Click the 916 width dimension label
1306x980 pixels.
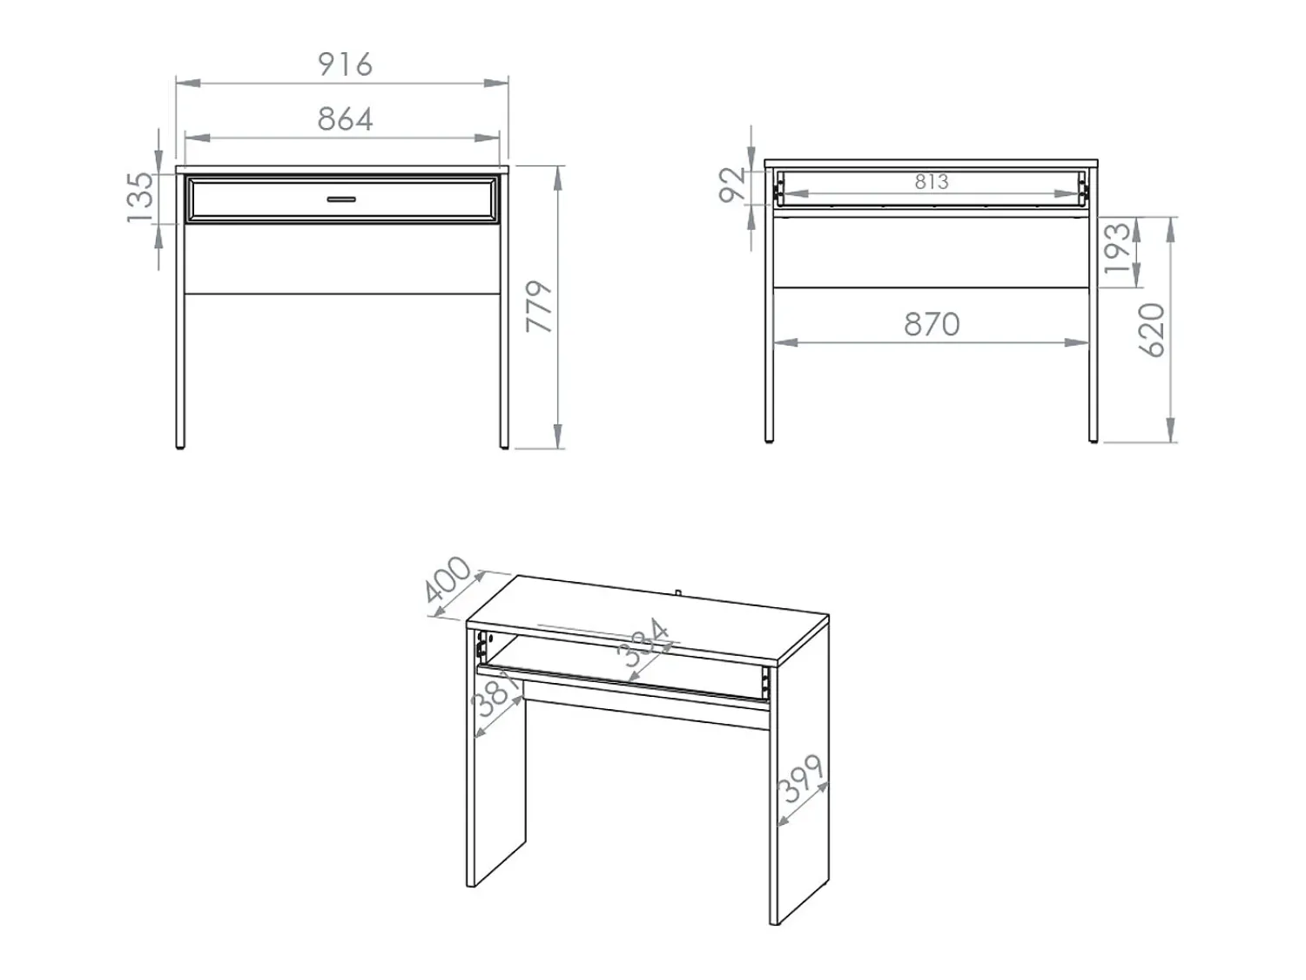coord(345,64)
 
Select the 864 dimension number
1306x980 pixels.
coord(345,119)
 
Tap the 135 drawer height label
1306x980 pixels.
coord(141,197)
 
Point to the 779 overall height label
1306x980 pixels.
coord(539,307)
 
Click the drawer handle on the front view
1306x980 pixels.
coord(341,199)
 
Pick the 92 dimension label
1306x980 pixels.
coord(732,185)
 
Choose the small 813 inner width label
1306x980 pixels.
coord(932,182)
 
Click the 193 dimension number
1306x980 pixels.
coord(1117,248)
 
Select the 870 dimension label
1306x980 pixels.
coord(932,324)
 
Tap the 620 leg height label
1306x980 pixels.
coord(1151,330)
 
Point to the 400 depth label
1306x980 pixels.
coord(448,579)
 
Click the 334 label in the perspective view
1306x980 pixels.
coord(643,643)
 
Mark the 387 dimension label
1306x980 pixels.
coord(495,693)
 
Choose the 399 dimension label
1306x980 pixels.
coord(801,779)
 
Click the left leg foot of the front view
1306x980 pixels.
coord(180,446)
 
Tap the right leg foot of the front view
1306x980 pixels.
coord(504,446)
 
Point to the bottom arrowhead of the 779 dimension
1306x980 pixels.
coord(557,436)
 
